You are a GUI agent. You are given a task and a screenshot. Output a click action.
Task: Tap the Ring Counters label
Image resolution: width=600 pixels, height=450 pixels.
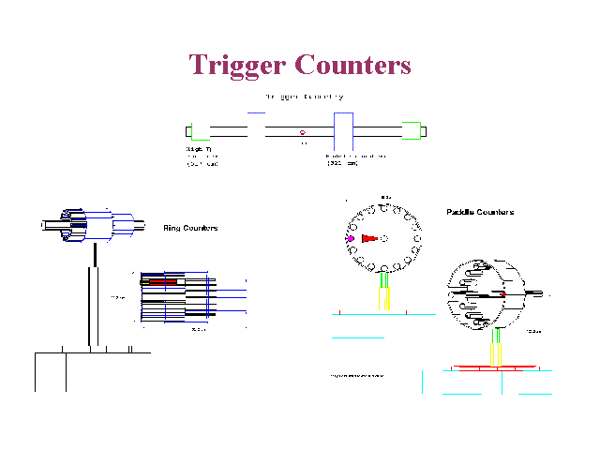(190, 228)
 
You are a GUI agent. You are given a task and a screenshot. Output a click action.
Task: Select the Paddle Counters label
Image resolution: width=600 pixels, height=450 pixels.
(479, 212)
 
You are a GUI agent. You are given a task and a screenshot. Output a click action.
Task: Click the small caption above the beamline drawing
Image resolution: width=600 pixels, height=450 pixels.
(303, 96)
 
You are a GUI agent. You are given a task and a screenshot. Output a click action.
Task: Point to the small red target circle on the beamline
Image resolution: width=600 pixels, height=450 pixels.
(302, 132)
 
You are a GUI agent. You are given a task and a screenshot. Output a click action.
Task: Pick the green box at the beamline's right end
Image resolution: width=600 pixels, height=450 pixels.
(411, 131)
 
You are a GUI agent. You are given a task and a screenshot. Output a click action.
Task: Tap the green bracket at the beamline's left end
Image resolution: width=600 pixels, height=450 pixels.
(189, 131)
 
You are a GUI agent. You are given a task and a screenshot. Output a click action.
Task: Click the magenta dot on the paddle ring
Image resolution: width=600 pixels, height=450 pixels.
(350, 239)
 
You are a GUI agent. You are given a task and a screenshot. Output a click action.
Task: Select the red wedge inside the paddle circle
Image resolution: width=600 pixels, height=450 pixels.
(368, 239)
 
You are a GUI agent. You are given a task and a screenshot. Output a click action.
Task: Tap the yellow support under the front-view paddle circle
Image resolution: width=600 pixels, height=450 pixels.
(383, 298)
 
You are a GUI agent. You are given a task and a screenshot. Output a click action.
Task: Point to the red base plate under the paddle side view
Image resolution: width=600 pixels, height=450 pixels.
(496, 366)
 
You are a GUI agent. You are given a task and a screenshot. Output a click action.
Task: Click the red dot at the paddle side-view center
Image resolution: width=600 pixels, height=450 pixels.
(503, 295)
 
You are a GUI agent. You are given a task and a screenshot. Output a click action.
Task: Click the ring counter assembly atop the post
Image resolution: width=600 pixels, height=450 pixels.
(89, 225)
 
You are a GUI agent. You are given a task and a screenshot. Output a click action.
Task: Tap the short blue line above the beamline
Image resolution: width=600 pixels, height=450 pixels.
(256, 112)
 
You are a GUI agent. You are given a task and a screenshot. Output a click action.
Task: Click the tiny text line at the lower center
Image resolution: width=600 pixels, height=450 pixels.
(356, 376)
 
